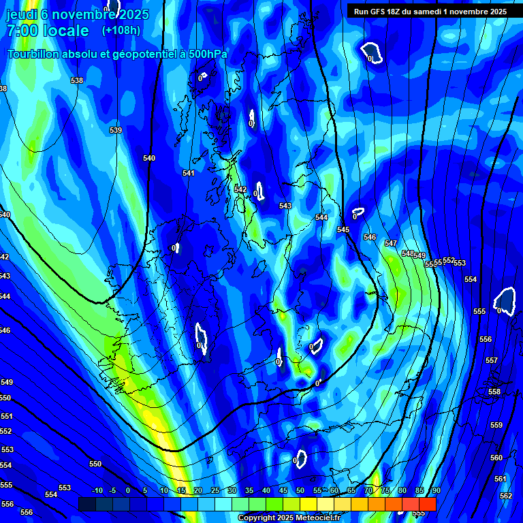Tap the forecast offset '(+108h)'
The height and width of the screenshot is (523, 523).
(x=121, y=30)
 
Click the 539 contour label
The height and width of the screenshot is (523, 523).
(x=116, y=130)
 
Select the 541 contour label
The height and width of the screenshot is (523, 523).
(x=189, y=173)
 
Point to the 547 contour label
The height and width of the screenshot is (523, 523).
(x=390, y=243)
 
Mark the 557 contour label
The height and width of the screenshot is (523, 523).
(x=492, y=360)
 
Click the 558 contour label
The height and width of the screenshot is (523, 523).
(x=494, y=392)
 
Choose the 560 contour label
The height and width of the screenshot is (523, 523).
(x=496, y=458)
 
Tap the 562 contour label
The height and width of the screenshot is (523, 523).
(x=505, y=496)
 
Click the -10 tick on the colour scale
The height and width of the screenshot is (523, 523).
(x=97, y=490)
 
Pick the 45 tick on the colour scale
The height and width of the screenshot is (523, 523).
(x=283, y=490)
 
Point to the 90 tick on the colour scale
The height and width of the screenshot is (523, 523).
(x=436, y=490)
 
